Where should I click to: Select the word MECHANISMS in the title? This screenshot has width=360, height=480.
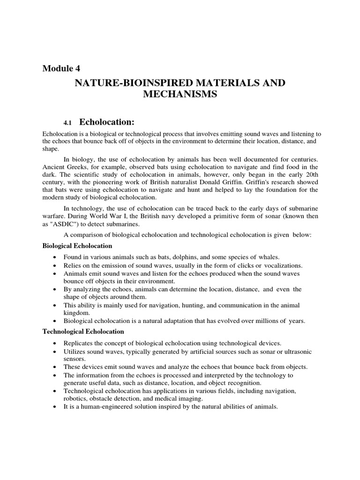click(180, 94)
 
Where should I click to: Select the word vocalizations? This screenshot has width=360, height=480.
click(280, 265)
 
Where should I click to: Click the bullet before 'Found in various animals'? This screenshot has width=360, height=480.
click(56, 258)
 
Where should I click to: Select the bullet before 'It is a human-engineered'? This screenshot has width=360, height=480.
click(56, 407)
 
